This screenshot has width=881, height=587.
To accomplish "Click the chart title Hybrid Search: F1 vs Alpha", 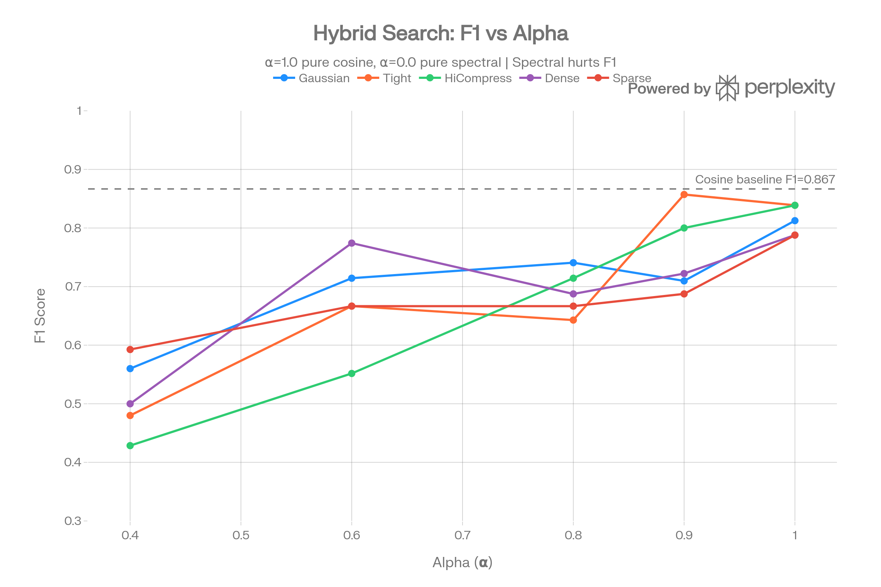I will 440,33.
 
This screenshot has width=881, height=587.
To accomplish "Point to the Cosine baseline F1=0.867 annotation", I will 765,179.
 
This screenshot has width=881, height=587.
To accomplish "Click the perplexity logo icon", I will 728,88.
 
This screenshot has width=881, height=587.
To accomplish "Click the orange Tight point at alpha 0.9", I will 684,195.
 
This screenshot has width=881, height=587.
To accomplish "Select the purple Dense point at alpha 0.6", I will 352,243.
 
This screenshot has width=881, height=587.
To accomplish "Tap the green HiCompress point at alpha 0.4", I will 130,445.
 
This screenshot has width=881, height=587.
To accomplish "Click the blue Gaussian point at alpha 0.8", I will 573,263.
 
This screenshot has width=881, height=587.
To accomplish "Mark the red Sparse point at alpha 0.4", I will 130,350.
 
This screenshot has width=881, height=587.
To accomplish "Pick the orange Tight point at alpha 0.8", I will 573,320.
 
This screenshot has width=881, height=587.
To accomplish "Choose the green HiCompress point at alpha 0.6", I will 352,373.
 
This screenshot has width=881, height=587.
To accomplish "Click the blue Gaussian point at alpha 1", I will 795,221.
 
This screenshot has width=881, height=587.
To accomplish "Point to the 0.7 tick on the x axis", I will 462,535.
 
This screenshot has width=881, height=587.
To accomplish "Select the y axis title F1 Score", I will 40,316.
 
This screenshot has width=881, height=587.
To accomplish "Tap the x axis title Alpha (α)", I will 462,562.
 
